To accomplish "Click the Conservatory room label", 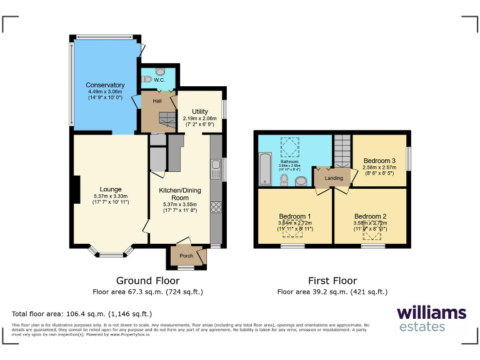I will [x=105, y=85].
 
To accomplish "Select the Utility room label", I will [x=199, y=111].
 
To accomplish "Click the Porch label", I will [x=186, y=256].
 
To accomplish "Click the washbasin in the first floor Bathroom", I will [x=300, y=181].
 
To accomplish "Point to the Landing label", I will [x=334, y=178].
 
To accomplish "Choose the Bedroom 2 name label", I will [x=370, y=216].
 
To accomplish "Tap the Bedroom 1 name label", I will [x=295, y=216].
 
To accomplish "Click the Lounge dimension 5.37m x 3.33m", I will [x=111, y=196].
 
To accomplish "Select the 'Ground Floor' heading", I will [x=147, y=281].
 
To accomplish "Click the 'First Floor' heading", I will [x=332, y=281].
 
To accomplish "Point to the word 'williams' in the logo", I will [x=431, y=312].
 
